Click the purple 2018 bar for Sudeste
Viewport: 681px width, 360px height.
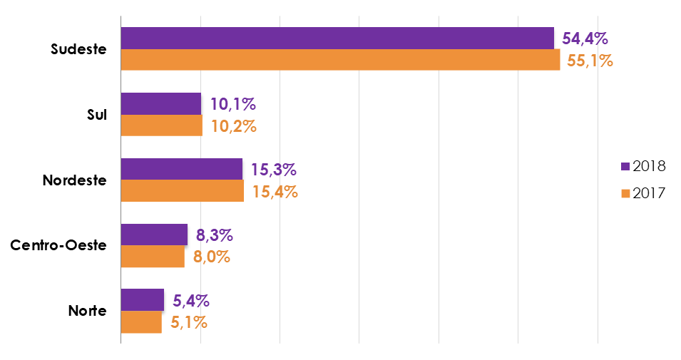[337, 38]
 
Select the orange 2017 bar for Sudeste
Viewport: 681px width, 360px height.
[340, 60]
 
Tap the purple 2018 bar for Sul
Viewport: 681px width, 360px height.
[161, 104]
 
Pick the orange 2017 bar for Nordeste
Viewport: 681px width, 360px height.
[182, 191]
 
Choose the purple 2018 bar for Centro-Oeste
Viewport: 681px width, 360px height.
[154, 235]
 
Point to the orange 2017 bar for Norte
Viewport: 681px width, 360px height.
[141, 322]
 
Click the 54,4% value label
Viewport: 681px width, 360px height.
[585, 38]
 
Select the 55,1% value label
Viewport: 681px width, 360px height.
[590, 61]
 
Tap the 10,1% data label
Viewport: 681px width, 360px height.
[232, 104]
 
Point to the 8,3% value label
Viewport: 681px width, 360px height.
[215, 235]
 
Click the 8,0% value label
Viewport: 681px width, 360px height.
[211, 257]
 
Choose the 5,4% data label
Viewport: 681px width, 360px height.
[191, 300]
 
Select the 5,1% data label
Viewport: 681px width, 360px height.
[188, 322]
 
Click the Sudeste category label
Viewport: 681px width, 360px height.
[78, 49]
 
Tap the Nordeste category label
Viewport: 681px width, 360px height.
[74, 180]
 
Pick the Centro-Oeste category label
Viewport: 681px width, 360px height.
[58, 246]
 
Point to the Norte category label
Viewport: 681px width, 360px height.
[87, 312]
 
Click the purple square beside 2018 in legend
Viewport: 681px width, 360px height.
[625, 166]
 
